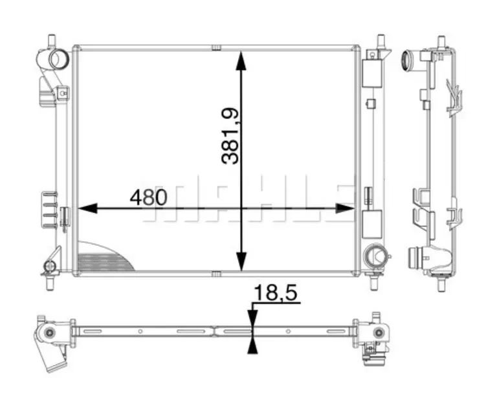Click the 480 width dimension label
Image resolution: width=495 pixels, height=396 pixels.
148,197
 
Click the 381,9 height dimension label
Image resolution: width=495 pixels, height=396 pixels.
230,136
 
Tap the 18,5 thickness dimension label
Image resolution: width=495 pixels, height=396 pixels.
276,292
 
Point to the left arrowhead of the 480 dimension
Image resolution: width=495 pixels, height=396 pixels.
87,208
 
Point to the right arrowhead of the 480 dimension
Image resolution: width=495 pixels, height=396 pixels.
345,208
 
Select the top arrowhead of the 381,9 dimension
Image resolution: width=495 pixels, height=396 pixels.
241,60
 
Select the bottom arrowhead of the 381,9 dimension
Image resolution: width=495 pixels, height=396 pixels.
241,262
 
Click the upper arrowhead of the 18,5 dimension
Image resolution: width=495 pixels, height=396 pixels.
252,319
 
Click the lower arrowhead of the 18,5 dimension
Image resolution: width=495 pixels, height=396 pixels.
252,344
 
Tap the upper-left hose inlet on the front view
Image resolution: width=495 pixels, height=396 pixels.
57,60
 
